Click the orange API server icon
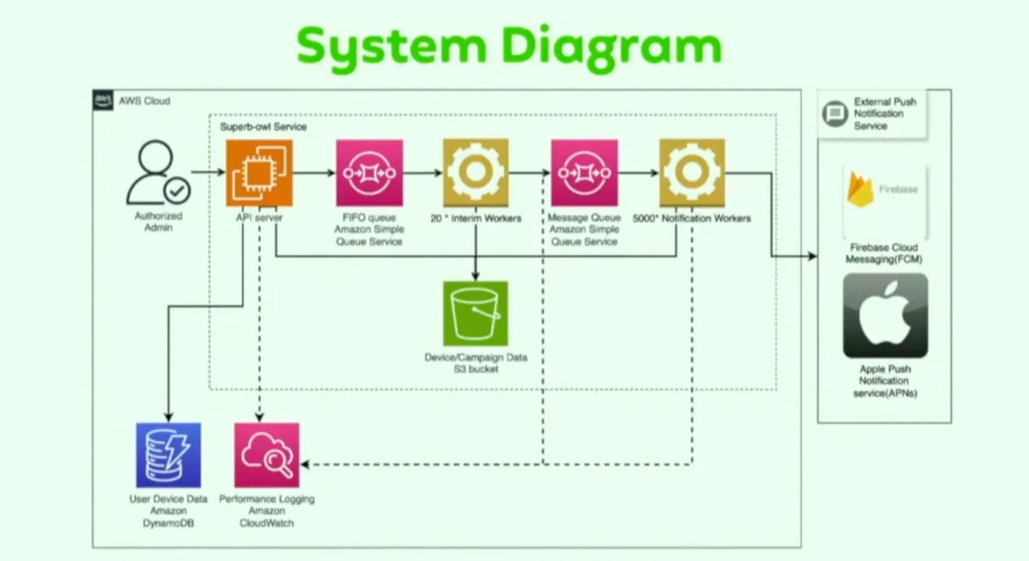pos(259,173)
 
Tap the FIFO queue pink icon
pos(369,173)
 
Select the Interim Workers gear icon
pos(476,173)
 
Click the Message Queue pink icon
pos(584,173)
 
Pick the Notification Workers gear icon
pos(691,173)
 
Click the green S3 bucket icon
pos(476,313)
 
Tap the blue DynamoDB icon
pos(168,455)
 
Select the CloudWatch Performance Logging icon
pos(267,455)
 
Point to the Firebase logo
pos(861,189)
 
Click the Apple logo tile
pos(885,316)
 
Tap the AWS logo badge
pos(104,101)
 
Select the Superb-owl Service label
pos(263,127)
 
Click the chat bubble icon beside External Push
pos(834,114)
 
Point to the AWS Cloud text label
pos(144,101)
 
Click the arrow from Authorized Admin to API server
pos(208,173)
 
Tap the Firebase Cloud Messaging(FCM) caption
pos(883,253)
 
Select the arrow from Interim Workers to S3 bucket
pos(476,253)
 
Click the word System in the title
pos(390,46)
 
